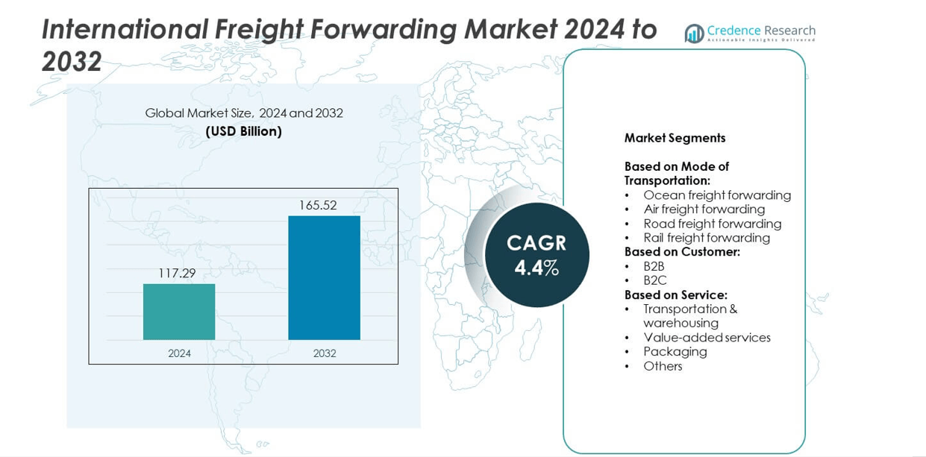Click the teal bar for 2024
[x=179, y=312]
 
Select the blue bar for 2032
[x=324, y=277]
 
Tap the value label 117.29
[x=177, y=274]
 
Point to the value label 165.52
[x=318, y=205]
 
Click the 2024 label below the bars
[x=179, y=353]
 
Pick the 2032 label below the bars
[x=325, y=353]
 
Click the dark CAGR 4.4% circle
[x=536, y=255]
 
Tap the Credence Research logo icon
[x=694, y=34]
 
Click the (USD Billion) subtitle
[x=244, y=132]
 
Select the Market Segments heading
[x=675, y=138]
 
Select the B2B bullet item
[x=654, y=266]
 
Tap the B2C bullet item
[x=654, y=280]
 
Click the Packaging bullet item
[x=675, y=351]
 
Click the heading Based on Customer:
[x=682, y=252]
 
